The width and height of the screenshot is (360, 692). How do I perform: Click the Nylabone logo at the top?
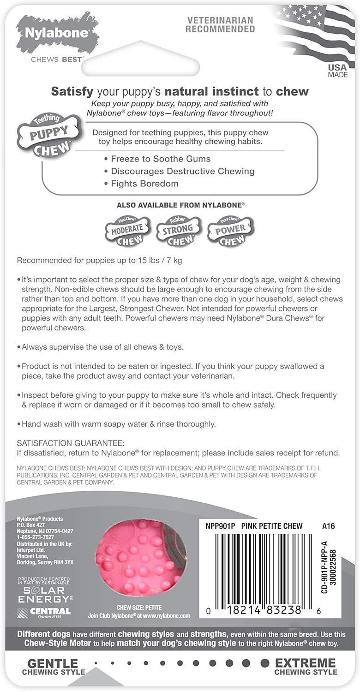tap(58, 35)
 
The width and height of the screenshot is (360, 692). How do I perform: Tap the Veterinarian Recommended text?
tap(220, 24)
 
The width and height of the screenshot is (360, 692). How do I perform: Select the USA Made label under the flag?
tap(338, 71)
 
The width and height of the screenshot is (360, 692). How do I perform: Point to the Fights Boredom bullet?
tap(144, 184)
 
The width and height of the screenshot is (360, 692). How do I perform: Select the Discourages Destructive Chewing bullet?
tap(182, 171)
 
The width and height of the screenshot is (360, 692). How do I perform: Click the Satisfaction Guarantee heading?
tap(71, 443)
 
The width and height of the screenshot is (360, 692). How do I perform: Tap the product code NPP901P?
tap(221, 526)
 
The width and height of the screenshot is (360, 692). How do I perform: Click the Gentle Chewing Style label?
tap(53, 667)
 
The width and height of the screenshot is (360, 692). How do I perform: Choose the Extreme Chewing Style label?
tap(306, 667)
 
